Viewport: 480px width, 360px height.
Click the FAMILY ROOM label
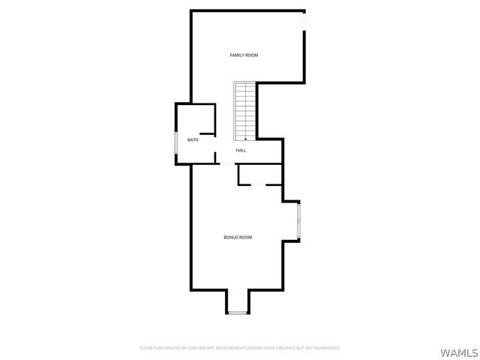[244, 55]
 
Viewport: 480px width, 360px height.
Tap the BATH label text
[193, 140]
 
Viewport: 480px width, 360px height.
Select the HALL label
[241, 151]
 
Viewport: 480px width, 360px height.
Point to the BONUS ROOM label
[238, 237]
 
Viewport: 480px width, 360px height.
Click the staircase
[245, 111]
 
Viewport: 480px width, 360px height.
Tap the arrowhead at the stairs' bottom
[245, 139]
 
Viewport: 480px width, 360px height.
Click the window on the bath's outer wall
[175, 142]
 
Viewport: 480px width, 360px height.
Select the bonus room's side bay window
[298, 221]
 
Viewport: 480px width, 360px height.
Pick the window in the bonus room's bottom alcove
[238, 313]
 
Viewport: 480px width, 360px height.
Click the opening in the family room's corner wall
[304, 22]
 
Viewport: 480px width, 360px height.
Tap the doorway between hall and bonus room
[227, 164]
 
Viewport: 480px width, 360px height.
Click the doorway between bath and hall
[215, 144]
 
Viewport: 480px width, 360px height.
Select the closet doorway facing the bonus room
[258, 185]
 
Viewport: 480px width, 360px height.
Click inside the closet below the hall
[260, 175]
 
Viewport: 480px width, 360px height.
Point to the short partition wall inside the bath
[207, 133]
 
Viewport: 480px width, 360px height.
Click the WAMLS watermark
[459, 352]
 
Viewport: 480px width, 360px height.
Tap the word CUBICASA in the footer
[196, 348]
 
